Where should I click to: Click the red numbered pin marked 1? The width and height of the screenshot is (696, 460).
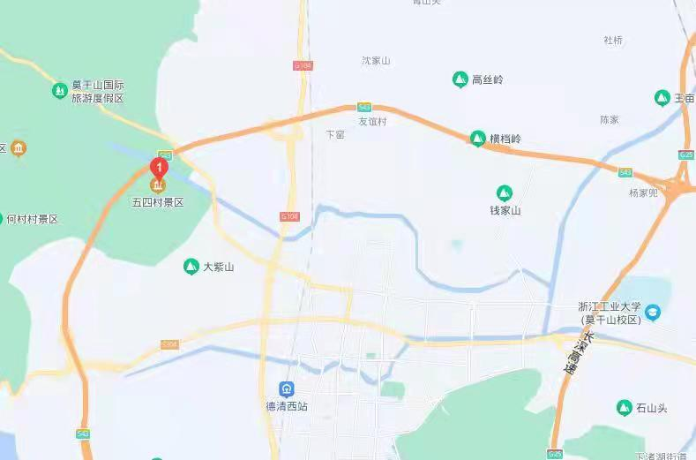point(159,166)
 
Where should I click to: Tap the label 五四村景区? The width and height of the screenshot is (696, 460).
point(158,202)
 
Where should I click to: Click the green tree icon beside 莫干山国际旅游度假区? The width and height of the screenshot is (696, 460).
point(59,90)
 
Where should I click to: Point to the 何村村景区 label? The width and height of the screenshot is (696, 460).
point(32,219)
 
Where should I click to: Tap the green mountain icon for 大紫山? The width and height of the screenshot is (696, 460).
point(191,266)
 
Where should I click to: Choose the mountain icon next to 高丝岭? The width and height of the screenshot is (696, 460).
point(460,79)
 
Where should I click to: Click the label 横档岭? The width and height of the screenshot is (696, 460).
point(505,140)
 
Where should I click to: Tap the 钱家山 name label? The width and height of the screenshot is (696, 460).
point(505,210)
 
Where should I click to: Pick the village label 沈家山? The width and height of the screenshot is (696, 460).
point(376,61)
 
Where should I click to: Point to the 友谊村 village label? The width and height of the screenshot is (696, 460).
point(371,122)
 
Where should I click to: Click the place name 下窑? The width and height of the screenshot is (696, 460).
point(335,135)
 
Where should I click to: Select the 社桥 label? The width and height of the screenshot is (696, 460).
point(613,40)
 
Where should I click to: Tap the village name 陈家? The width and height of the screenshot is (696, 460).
point(610,119)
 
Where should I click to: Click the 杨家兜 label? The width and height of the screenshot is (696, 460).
point(644,192)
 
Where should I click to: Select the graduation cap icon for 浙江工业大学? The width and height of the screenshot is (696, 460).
point(652,312)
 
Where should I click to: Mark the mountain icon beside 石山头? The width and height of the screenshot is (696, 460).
point(624,407)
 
